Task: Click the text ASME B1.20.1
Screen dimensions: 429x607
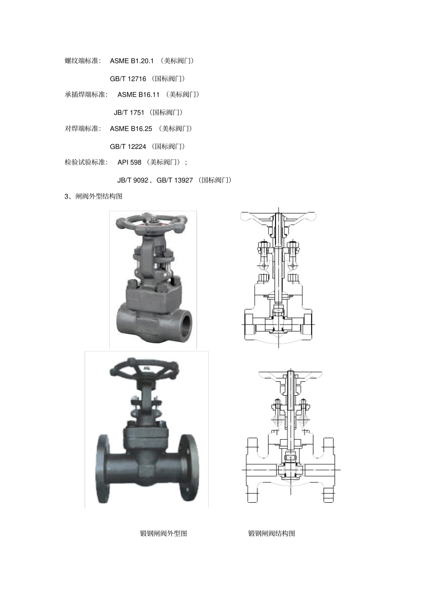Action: (x=131, y=61)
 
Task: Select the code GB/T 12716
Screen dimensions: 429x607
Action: (x=128, y=79)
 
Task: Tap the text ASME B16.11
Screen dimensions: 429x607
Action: (x=138, y=95)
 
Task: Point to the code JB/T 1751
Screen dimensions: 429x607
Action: (x=129, y=112)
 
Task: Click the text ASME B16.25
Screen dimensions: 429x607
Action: (x=131, y=129)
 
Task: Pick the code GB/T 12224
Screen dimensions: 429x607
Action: (x=128, y=147)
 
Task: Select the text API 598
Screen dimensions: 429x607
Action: (x=129, y=162)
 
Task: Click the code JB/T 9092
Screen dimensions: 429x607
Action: (x=133, y=180)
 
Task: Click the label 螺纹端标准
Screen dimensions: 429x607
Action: (x=81, y=61)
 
